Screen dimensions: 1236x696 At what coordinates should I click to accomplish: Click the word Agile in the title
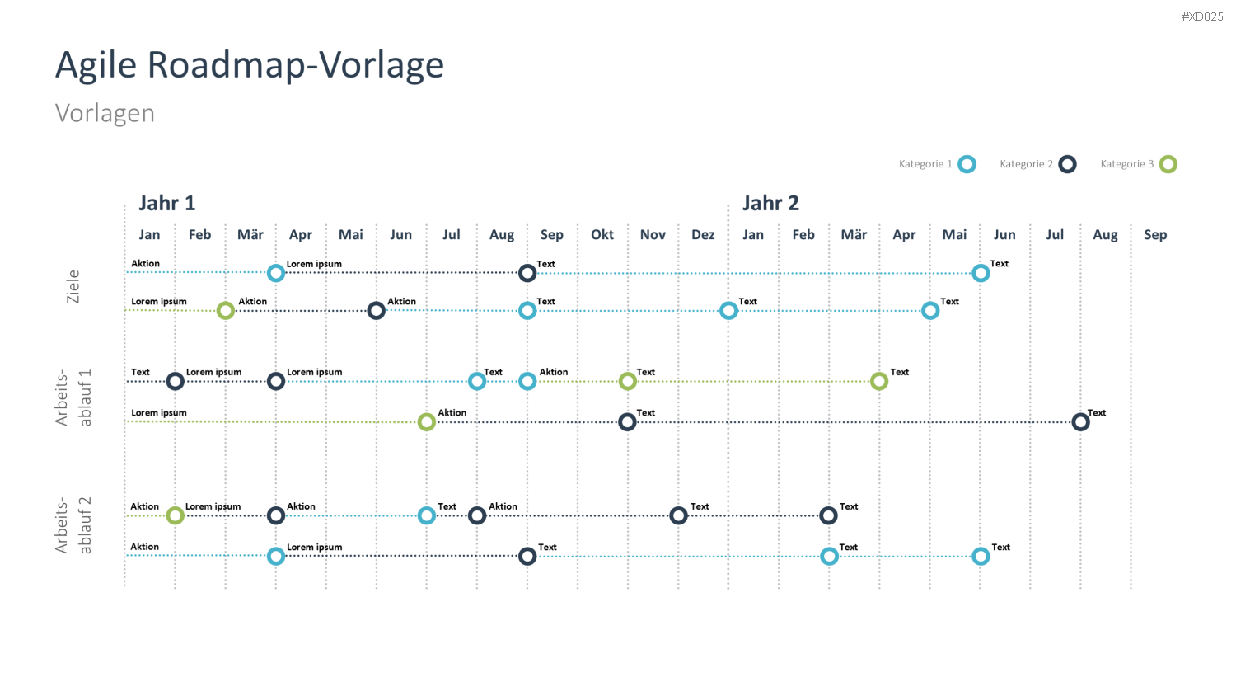coord(96,65)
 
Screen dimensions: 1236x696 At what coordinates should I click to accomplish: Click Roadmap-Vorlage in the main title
coord(296,65)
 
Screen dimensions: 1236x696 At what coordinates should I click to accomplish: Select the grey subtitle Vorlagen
coord(105,113)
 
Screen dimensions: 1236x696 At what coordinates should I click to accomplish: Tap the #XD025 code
coord(1202,16)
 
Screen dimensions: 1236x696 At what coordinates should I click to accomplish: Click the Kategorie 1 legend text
coord(925,164)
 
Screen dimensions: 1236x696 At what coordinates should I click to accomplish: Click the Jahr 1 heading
coord(166,204)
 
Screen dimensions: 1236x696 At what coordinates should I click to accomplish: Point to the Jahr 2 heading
coord(770,204)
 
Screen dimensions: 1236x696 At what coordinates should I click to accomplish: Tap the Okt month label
coord(602,235)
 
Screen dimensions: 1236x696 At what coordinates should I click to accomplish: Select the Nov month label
coord(653,235)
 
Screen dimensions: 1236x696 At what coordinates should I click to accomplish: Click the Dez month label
coord(703,235)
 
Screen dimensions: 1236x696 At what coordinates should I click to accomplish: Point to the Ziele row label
coord(73,287)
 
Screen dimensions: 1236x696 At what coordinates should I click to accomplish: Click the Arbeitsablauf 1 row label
coord(73,397)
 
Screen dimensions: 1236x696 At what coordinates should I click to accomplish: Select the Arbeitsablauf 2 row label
coord(73,525)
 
